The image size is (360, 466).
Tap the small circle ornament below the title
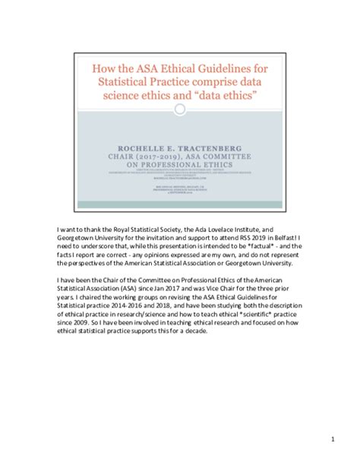(180, 109)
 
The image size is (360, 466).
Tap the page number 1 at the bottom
(332, 439)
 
